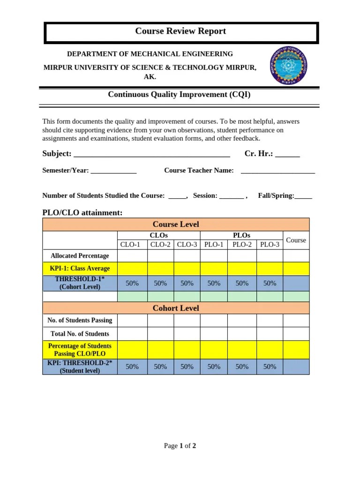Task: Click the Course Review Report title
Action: (x=180, y=31)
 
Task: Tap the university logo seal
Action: (x=289, y=66)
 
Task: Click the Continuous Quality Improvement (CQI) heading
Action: (x=179, y=94)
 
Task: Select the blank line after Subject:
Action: (x=152, y=155)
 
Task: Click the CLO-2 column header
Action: (x=160, y=244)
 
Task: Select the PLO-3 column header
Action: (x=270, y=244)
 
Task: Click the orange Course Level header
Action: (x=176, y=225)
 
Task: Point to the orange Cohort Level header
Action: (x=176, y=308)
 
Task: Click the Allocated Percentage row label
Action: (x=80, y=256)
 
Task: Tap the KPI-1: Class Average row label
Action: (x=80, y=269)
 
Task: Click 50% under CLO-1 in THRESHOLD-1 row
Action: (x=132, y=283)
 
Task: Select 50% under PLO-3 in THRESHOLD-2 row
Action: (x=270, y=367)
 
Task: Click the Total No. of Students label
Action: (x=80, y=334)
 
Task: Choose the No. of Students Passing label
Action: (x=80, y=321)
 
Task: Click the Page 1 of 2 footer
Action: (x=180, y=446)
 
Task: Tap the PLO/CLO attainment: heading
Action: (x=82, y=213)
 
